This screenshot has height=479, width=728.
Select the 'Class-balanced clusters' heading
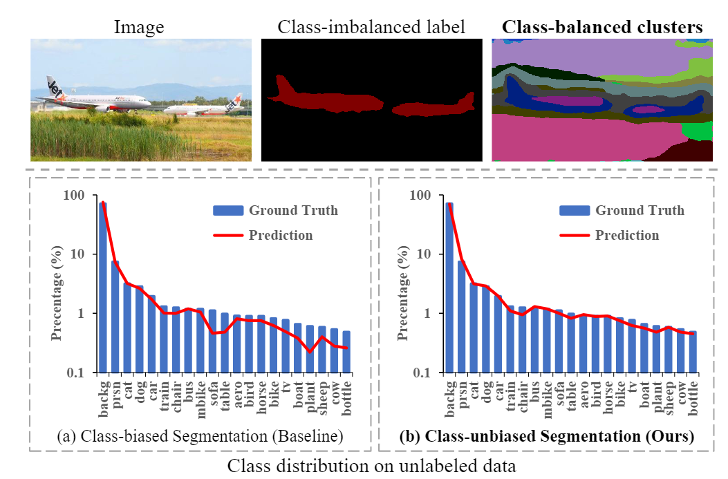602,28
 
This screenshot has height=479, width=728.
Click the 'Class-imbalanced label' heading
371,28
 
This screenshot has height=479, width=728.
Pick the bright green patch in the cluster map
700,130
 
